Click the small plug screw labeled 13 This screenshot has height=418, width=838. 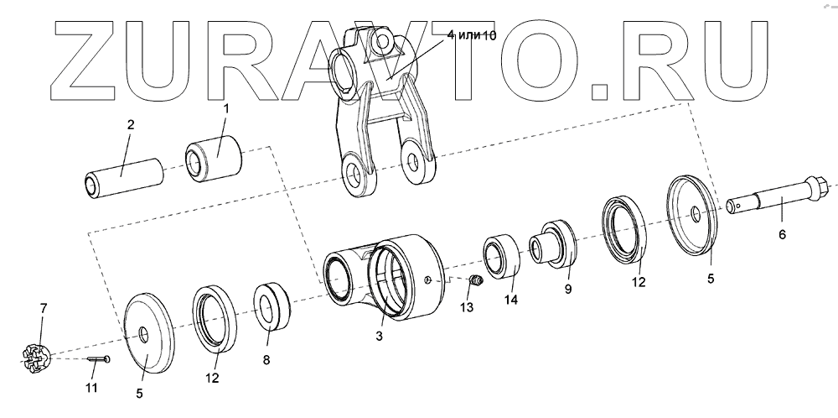click(474, 280)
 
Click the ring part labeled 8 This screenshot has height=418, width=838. click(272, 306)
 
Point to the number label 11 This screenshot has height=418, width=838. click(91, 388)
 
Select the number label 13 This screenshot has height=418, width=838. click(467, 308)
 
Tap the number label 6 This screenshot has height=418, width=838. click(782, 234)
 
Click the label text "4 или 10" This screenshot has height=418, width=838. click(473, 34)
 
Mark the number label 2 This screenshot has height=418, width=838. click(130, 125)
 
